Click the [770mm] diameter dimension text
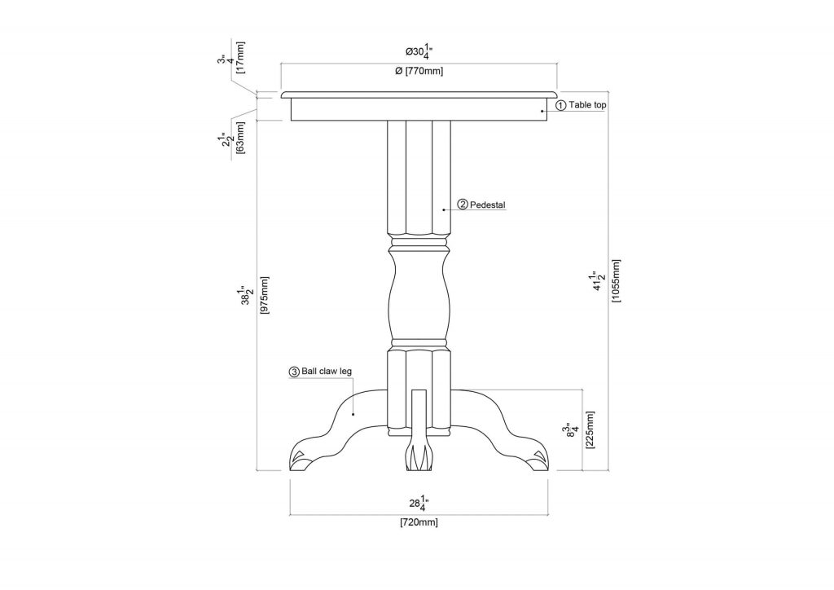[x=419, y=72]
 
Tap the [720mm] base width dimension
[x=419, y=522]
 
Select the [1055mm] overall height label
[x=616, y=280]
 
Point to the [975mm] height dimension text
[x=264, y=297]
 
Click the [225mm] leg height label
[x=590, y=429]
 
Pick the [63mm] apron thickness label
[x=240, y=136]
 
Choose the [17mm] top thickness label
[x=240, y=56]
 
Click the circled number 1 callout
[x=560, y=105]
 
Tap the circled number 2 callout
[x=463, y=205]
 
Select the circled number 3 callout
[x=294, y=371]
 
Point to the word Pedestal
[x=488, y=205]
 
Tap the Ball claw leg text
[x=327, y=371]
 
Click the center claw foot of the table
[x=418, y=457]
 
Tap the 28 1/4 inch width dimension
[x=419, y=502]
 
